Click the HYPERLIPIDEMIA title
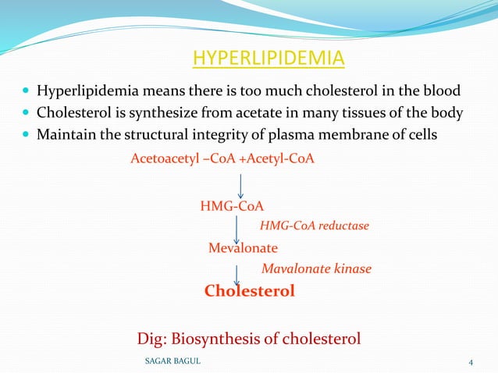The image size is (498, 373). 268,59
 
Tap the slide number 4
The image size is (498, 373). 471,361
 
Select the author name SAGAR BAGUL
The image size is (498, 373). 173,361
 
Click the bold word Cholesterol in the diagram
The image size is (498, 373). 249,291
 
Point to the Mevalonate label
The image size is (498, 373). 243,248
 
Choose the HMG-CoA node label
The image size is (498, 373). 232,206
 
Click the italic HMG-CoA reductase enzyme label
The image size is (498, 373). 314,226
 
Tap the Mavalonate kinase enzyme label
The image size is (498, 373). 316,269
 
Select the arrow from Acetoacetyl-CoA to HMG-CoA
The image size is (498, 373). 240,185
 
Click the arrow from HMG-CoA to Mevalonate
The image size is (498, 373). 237,229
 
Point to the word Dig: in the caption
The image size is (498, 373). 152,339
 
